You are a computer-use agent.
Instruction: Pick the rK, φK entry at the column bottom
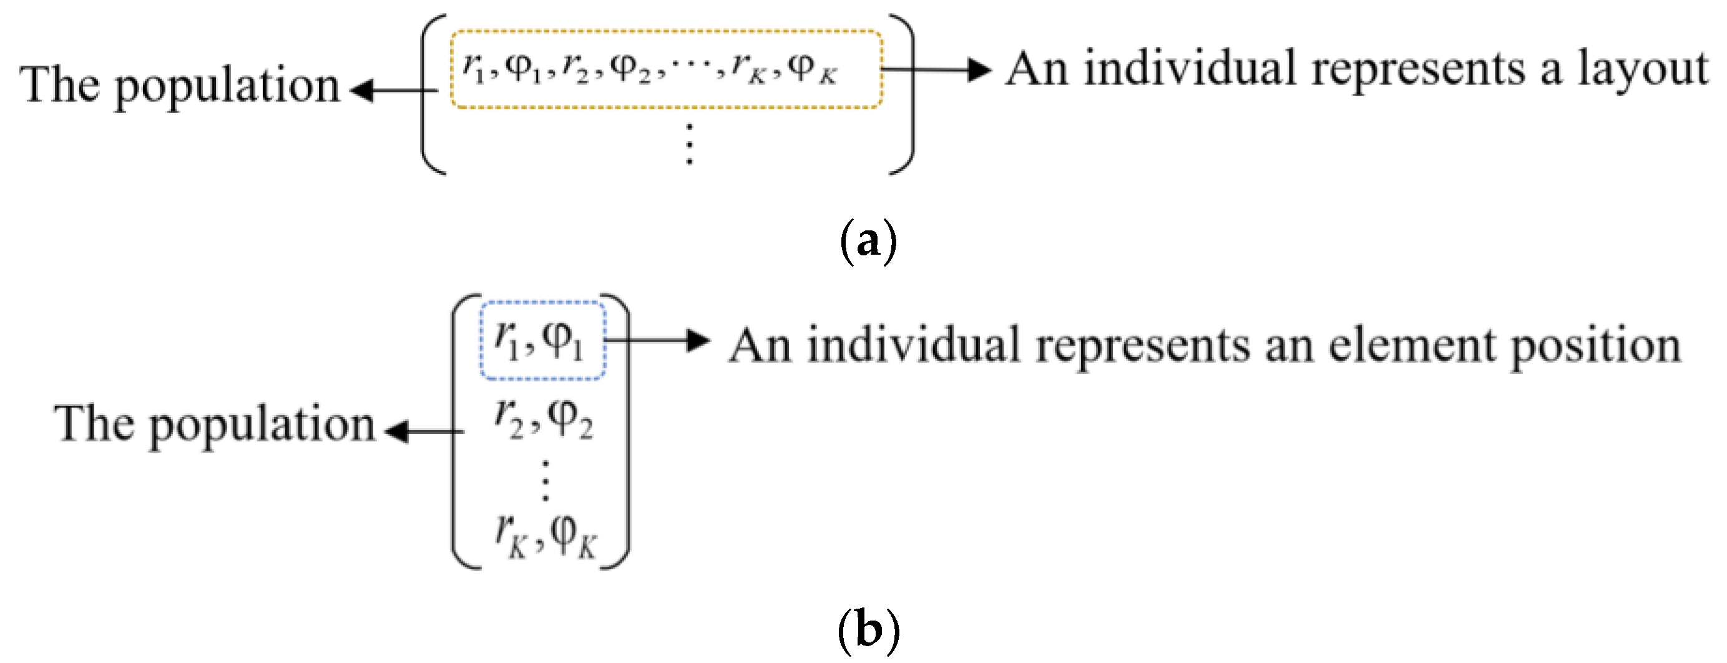(x=544, y=536)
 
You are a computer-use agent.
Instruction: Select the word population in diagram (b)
(x=262, y=426)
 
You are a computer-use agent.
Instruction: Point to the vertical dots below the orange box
(x=689, y=143)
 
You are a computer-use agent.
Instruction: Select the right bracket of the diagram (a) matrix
(x=905, y=94)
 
